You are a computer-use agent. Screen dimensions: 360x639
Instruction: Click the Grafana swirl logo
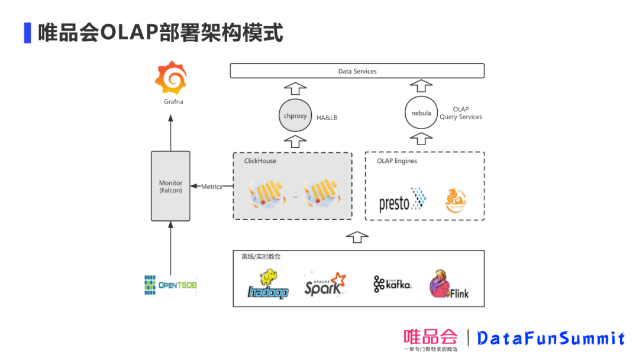[x=171, y=77]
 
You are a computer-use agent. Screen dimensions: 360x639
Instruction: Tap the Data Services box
[x=357, y=71]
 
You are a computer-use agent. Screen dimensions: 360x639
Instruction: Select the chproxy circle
[x=295, y=116]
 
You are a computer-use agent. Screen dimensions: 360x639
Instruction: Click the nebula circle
[x=421, y=113]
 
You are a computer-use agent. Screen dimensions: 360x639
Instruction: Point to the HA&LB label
[x=327, y=118]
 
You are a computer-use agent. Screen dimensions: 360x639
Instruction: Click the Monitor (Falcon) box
[x=170, y=187]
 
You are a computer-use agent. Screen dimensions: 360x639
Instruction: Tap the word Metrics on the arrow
[x=212, y=187]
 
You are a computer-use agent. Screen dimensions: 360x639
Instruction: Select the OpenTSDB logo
[x=170, y=285]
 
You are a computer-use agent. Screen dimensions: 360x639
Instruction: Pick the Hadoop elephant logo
[x=268, y=285]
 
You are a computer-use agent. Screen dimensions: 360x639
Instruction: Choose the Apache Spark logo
[x=324, y=284]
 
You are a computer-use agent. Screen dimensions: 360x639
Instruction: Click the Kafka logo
[x=392, y=285]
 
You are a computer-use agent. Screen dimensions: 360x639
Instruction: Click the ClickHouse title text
[x=260, y=161]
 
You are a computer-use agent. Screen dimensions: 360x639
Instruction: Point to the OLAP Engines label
[x=397, y=161]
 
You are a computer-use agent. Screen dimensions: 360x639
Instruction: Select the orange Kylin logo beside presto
[x=456, y=201]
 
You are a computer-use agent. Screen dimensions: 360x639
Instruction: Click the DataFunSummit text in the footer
[x=551, y=338]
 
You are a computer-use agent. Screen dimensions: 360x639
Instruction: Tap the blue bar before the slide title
[x=27, y=33]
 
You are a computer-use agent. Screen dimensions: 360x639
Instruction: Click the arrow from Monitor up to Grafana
[x=170, y=133]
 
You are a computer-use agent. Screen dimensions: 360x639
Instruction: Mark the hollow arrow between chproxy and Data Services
[x=295, y=89]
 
